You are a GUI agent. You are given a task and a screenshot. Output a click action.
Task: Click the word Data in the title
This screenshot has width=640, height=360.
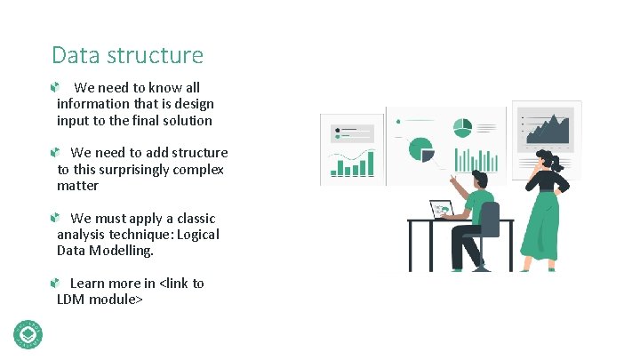(74, 55)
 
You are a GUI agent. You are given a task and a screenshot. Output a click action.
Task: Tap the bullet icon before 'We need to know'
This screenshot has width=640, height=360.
(56, 88)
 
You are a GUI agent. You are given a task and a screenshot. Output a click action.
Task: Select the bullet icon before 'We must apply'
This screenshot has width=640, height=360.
(56, 218)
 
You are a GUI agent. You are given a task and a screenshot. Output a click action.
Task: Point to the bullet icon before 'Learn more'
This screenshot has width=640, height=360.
(56, 283)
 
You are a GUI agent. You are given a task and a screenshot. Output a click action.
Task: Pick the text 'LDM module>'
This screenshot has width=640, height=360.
(100, 300)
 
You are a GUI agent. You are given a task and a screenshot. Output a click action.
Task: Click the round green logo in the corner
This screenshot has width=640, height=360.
(28, 332)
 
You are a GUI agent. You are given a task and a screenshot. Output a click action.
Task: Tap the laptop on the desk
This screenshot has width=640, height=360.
(443, 210)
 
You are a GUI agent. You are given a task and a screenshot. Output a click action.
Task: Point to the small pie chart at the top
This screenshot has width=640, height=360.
(461, 128)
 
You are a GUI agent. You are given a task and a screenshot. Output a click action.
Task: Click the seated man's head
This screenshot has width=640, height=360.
(476, 177)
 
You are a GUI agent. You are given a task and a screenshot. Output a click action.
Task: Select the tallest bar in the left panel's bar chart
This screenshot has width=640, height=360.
(370, 163)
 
